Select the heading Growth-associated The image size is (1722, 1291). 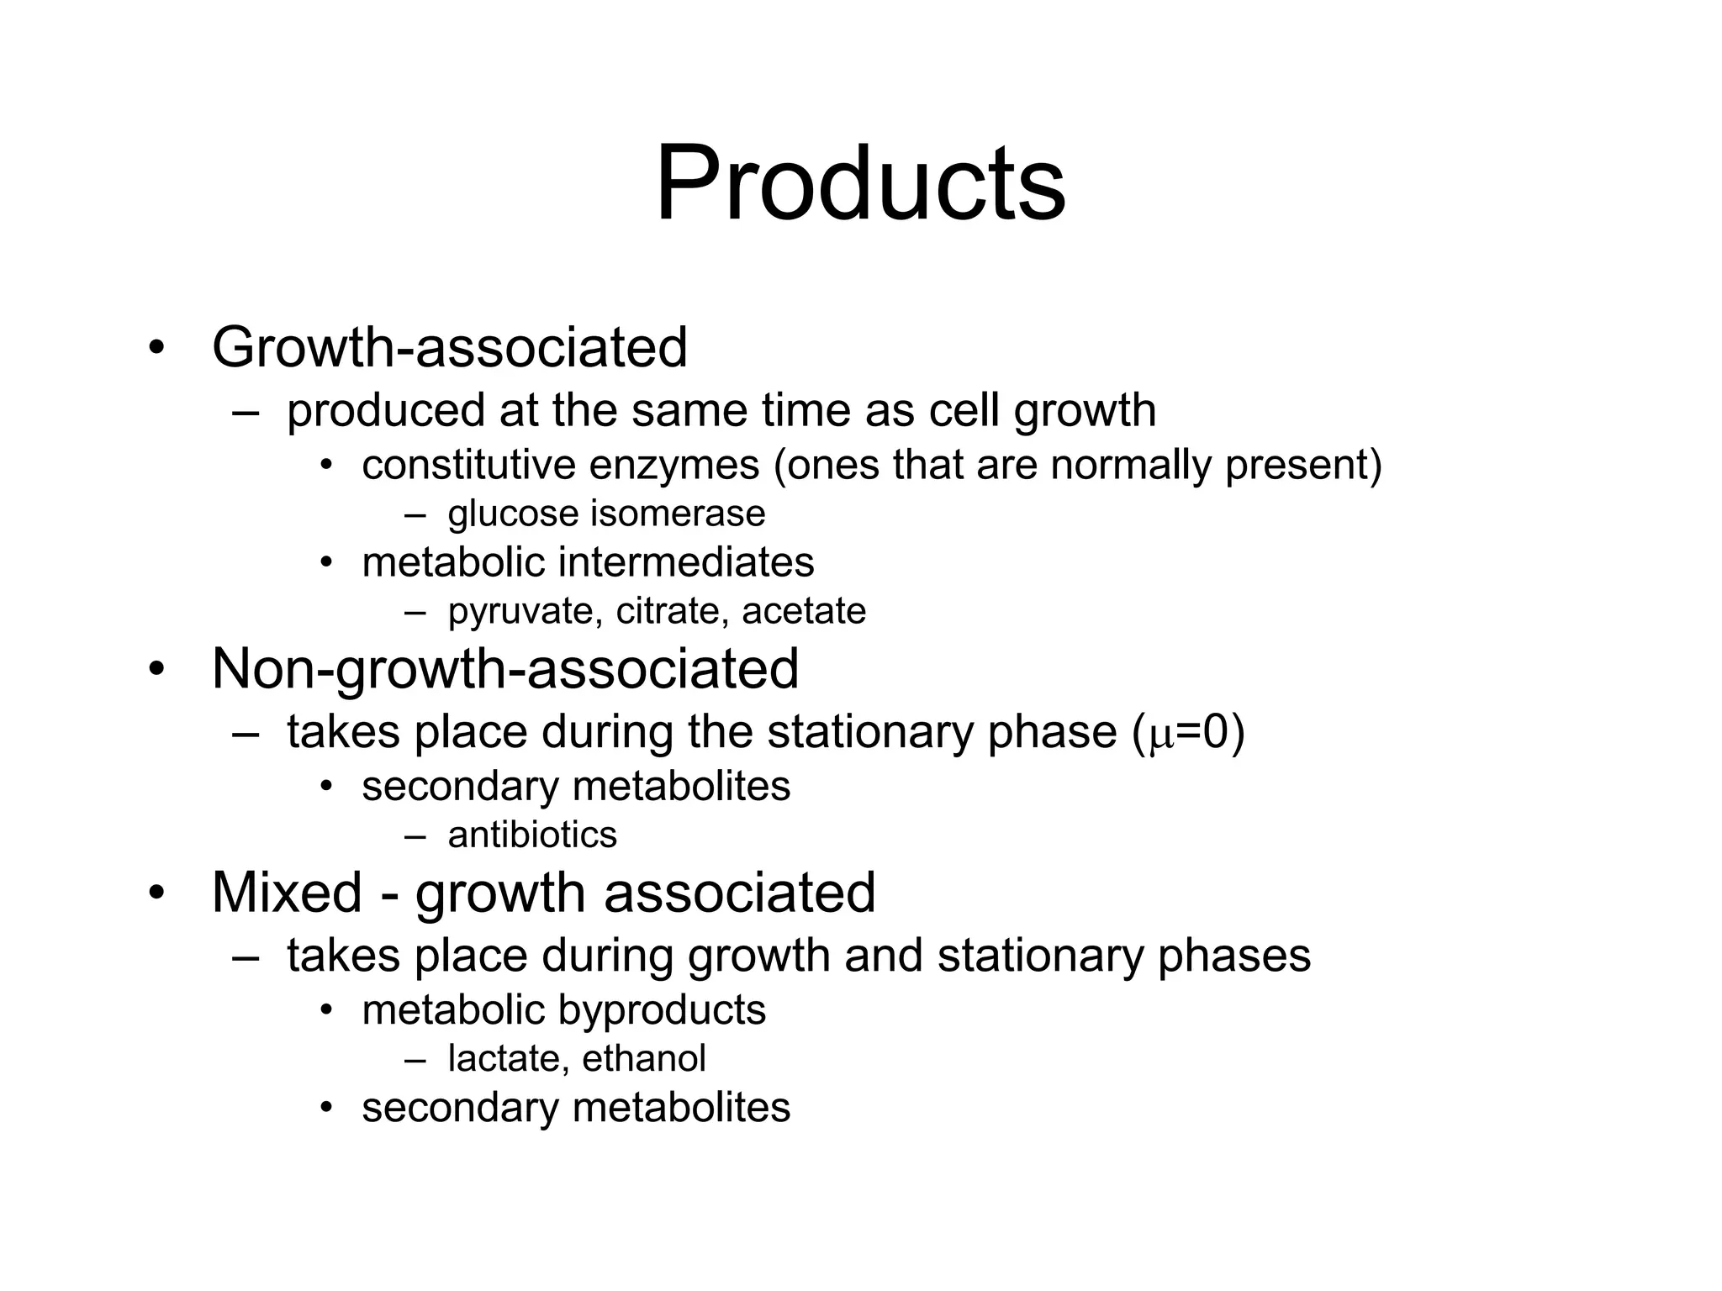pos(450,347)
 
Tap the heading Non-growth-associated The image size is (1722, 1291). pos(505,669)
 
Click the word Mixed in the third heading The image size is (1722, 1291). pos(286,892)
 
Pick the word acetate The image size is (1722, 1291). pos(803,611)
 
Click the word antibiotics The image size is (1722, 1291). pos(532,835)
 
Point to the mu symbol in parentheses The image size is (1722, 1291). pos(1160,735)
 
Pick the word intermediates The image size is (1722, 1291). pos(686,562)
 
